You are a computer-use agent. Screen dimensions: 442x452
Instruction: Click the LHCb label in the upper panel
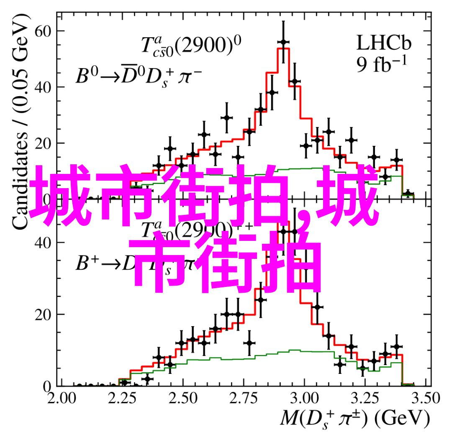(383, 43)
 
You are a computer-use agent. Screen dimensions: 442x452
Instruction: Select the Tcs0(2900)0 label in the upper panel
(190, 46)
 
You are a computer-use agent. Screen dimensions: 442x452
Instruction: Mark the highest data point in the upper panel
(283, 42)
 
